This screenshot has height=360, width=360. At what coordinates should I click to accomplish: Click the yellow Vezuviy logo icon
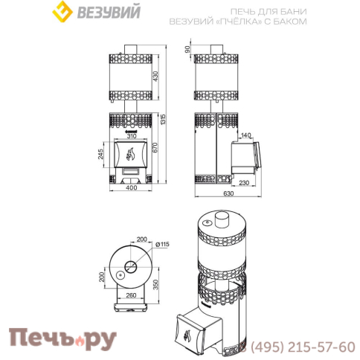(x=62, y=12)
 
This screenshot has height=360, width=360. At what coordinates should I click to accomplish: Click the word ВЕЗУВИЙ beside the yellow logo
(x=109, y=12)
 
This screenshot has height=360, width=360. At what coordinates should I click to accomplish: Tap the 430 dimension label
(x=155, y=77)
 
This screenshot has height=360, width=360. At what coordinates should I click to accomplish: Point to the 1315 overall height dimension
(x=163, y=120)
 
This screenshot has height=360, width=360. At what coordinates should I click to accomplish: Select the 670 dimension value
(x=155, y=148)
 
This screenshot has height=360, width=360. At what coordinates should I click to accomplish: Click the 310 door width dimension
(x=132, y=136)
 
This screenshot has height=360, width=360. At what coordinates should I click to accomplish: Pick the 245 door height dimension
(x=100, y=154)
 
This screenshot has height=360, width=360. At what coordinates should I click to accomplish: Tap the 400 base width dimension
(x=131, y=187)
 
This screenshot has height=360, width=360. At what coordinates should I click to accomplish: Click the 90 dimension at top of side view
(x=187, y=49)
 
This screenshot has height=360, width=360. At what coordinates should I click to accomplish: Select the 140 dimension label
(x=245, y=135)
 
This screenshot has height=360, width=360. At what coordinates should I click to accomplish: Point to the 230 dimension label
(x=244, y=183)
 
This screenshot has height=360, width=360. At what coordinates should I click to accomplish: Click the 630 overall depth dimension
(x=228, y=193)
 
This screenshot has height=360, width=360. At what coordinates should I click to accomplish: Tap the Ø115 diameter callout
(x=162, y=244)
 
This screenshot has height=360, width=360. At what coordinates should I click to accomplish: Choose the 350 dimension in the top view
(x=155, y=285)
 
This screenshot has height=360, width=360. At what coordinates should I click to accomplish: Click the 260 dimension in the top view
(x=131, y=295)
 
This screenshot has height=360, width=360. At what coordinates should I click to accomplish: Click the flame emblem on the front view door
(x=130, y=154)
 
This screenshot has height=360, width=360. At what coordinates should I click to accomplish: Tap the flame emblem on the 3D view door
(x=187, y=335)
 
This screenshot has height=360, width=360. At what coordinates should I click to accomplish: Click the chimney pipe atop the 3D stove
(x=222, y=219)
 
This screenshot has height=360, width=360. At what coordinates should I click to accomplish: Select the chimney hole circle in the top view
(x=131, y=267)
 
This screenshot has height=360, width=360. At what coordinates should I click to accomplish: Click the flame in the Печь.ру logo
(x=80, y=342)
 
